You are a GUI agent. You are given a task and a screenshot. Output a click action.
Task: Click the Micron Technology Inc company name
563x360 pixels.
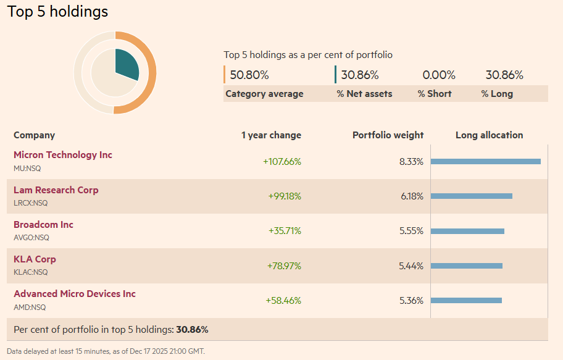[x=63, y=155]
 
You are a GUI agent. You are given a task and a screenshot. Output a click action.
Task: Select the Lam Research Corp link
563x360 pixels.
[x=56, y=190]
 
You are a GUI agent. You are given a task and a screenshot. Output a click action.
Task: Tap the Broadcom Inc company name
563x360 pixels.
[x=43, y=225]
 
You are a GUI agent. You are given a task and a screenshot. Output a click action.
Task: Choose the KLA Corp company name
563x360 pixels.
[x=35, y=259]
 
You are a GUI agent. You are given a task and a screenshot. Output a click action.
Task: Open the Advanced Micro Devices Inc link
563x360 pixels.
[x=75, y=294]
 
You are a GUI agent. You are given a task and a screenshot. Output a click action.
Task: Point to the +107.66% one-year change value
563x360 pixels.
[x=282, y=162]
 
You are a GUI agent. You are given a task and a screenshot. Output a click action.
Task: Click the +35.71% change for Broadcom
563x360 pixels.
[x=285, y=231]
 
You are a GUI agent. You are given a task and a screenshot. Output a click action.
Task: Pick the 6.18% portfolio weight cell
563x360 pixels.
[x=412, y=196]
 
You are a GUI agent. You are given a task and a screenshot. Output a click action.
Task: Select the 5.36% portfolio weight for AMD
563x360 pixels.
[x=412, y=301]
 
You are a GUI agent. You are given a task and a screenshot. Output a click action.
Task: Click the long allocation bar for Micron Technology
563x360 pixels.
[x=485, y=162]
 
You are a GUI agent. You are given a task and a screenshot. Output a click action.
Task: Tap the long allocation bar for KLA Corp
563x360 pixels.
[x=466, y=266]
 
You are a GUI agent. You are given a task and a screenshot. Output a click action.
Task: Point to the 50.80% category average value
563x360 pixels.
[x=249, y=75]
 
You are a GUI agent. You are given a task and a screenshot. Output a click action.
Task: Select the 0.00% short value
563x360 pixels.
[x=439, y=75]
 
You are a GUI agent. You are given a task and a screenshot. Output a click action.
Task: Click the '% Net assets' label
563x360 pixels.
[x=364, y=94]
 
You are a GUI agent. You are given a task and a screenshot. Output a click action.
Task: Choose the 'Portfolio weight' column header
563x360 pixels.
[x=388, y=135]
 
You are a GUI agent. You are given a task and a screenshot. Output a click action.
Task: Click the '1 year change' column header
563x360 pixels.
[x=271, y=135]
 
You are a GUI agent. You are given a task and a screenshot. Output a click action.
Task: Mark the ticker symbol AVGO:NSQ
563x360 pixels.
[x=31, y=238]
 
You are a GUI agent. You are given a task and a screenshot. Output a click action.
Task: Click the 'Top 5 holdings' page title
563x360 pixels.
[x=57, y=12]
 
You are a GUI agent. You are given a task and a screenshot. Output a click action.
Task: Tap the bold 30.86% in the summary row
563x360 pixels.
[x=192, y=330]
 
